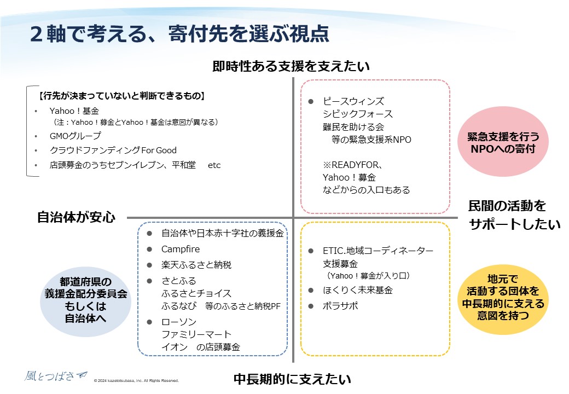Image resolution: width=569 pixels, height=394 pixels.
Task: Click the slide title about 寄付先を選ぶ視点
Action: pyautogui.click(x=179, y=34)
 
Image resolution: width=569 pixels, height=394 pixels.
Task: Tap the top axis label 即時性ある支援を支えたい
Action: pyautogui.click(x=291, y=66)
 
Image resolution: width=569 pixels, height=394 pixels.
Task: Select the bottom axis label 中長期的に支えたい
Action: pyautogui.click(x=293, y=379)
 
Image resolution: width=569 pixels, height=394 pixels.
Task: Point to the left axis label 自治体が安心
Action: pyautogui.click(x=76, y=217)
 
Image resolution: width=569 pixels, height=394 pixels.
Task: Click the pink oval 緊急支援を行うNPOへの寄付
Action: pyautogui.click(x=503, y=142)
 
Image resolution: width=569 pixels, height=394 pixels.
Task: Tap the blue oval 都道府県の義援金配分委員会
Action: pyautogui.click(x=86, y=300)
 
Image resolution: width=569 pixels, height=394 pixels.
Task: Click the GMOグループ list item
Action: pyautogui.click(x=76, y=136)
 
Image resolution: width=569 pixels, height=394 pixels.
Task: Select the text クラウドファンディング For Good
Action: pyautogui.click(x=113, y=150)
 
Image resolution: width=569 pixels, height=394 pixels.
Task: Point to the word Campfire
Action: pyautogui.click(x=181, y=249)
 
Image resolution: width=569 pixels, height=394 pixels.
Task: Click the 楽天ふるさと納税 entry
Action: pyautogui.click(x=196, y=265)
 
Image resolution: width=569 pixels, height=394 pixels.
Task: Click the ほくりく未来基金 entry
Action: pyautogui.click(x=357, y=290)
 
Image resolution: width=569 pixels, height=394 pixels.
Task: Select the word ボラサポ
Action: pyautogui.click(x=340, y=306)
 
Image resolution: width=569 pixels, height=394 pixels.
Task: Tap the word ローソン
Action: pyautogui.click(x=179, y=322)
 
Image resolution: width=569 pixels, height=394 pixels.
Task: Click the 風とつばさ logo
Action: pyautogui.click(x=56, y=376)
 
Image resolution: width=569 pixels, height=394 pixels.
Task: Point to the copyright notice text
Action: pyautogui.click(x=136, y=380)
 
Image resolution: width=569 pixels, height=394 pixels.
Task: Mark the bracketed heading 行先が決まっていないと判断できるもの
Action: pyautogui.click(x=122, y=96)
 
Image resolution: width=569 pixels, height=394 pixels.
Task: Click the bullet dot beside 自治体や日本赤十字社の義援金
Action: pyautogui.click(x=149, y=233)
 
